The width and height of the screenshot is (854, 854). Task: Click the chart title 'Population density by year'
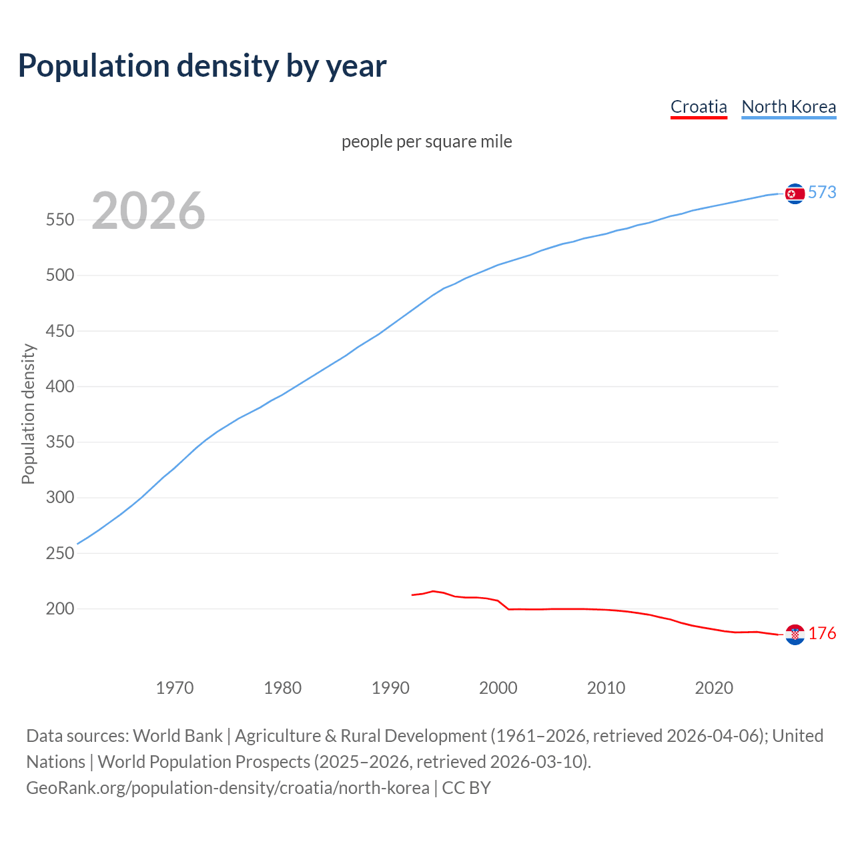202,65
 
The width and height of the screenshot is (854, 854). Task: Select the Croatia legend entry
699,107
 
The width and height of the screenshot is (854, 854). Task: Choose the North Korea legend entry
789,107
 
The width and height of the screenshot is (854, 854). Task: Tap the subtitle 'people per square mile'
427,141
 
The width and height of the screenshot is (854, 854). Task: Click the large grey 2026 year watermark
148,211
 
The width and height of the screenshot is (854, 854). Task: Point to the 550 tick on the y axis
59,220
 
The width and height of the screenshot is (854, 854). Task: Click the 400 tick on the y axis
59,387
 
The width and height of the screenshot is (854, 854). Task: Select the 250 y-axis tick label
59,554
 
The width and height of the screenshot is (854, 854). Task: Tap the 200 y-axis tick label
59,609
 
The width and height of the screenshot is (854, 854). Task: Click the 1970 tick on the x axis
175,687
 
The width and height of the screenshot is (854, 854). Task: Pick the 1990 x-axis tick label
390,687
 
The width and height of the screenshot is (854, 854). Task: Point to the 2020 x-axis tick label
714,687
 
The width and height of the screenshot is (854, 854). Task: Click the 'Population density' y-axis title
28,414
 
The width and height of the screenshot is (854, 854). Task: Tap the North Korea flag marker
795,193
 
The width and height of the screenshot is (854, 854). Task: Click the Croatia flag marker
795,634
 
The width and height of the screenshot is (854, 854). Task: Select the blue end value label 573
822,193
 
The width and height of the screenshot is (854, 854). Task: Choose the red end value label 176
822,634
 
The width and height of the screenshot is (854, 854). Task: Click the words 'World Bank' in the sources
177,736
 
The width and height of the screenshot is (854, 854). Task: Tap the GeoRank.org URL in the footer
228,788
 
